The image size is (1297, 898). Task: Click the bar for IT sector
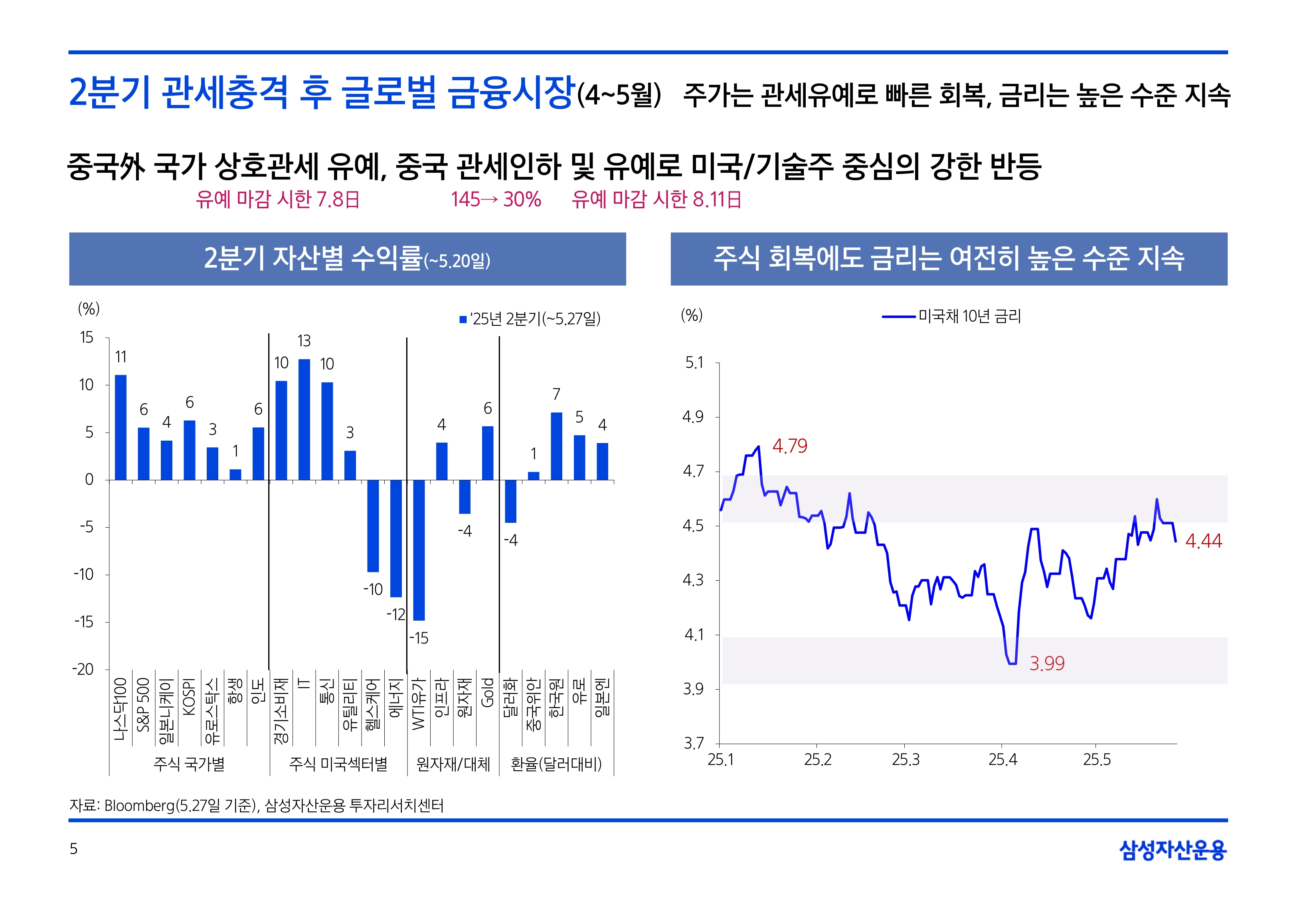pos(304,419)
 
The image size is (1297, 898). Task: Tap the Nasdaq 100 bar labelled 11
pos(121,427)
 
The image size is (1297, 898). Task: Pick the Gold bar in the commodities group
pos(488,453)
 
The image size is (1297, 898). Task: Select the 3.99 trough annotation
pos(1047,664)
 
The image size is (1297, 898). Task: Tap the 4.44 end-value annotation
pos(1203,541)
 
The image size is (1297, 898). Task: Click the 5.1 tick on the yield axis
pos(694,363)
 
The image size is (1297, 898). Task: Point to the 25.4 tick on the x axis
pos(1003,760)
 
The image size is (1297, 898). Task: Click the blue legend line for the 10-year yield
pos(898,317)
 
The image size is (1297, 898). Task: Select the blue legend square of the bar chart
pos(463,320)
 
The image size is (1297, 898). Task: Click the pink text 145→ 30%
pos(496,200)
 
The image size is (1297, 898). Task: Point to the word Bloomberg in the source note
pos(140,806)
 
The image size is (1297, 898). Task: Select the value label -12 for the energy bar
pos(395,614)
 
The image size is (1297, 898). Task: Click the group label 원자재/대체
pos(453,764)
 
